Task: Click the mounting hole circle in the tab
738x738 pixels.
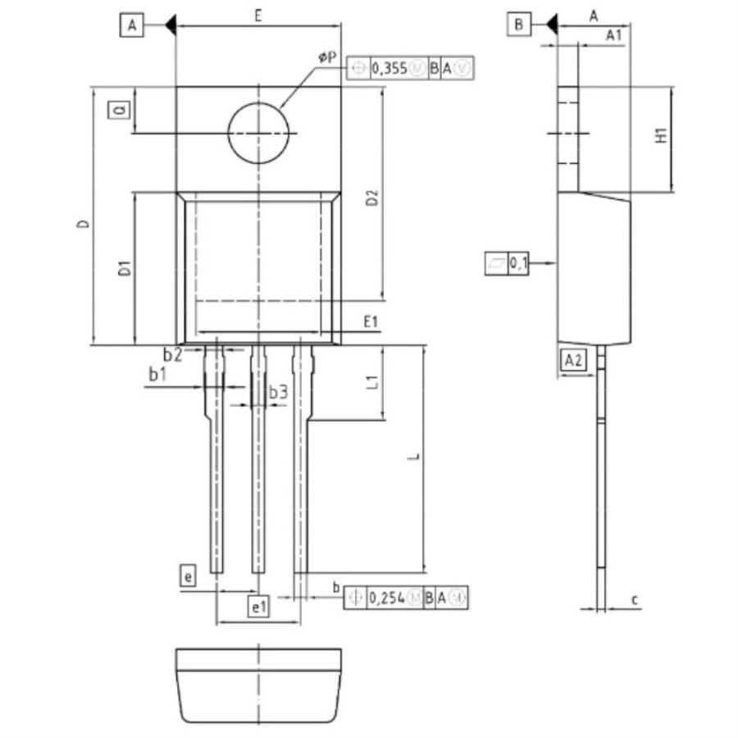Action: click(259, 134)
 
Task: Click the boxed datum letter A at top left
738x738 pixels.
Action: click(131, 25)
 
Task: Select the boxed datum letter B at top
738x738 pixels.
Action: click(518, 25)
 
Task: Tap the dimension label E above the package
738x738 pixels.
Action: click(257, 15)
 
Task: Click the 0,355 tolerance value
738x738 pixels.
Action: click(389, 69)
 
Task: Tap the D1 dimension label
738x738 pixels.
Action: click(123, 268)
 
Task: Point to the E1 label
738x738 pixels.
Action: click(371, 322)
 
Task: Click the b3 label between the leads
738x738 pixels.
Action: click(278, 393)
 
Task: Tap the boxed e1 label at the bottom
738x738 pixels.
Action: click(259, 607)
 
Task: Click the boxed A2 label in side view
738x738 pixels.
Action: click(573, 359)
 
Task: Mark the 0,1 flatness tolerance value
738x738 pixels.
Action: click(519, 263)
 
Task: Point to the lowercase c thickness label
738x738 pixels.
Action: click(635, 600)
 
